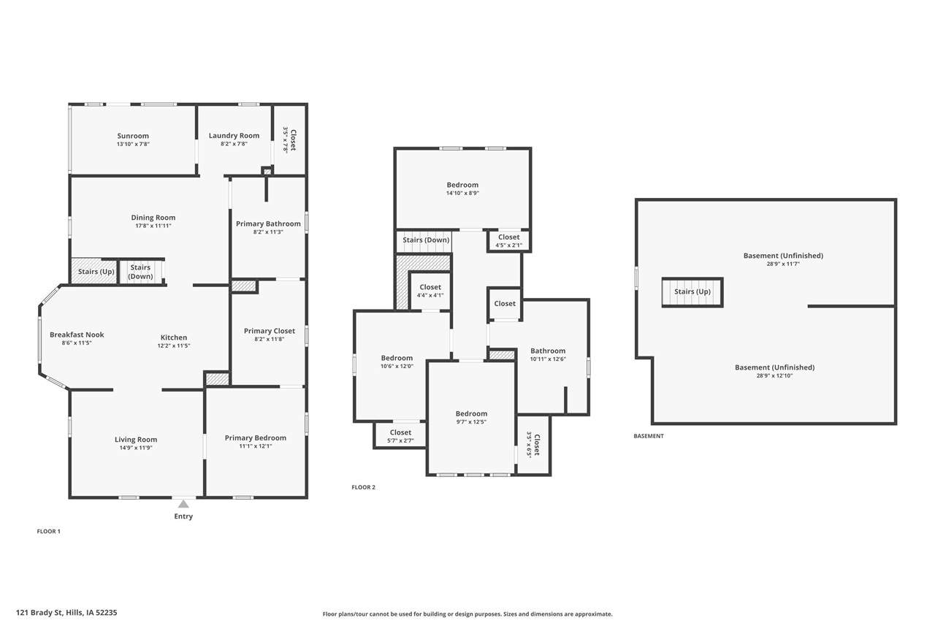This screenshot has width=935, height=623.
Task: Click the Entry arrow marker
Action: (183, 503)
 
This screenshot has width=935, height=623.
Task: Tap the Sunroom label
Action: (133, 136)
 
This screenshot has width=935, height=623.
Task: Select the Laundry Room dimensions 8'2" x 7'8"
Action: (234, 144)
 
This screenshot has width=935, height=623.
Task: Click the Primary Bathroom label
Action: (268, 223)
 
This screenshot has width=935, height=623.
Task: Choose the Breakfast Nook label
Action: (77, 335)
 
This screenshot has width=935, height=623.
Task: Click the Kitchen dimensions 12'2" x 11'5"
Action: (175, 345)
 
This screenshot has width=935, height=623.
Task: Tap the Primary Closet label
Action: (269, 331)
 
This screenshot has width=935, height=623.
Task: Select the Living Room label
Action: (136, 440)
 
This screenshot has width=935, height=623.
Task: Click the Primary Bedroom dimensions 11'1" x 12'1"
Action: (255, 446)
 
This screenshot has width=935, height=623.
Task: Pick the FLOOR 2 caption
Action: (363, 487)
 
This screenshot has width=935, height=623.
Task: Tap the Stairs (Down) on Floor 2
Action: (426, 240)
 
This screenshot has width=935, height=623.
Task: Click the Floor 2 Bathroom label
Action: (548, 351)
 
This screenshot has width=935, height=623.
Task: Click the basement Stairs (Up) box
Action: (692, 291)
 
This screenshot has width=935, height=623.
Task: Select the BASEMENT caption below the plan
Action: (649, 436)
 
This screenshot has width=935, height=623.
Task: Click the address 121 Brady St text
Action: (66, 613)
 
